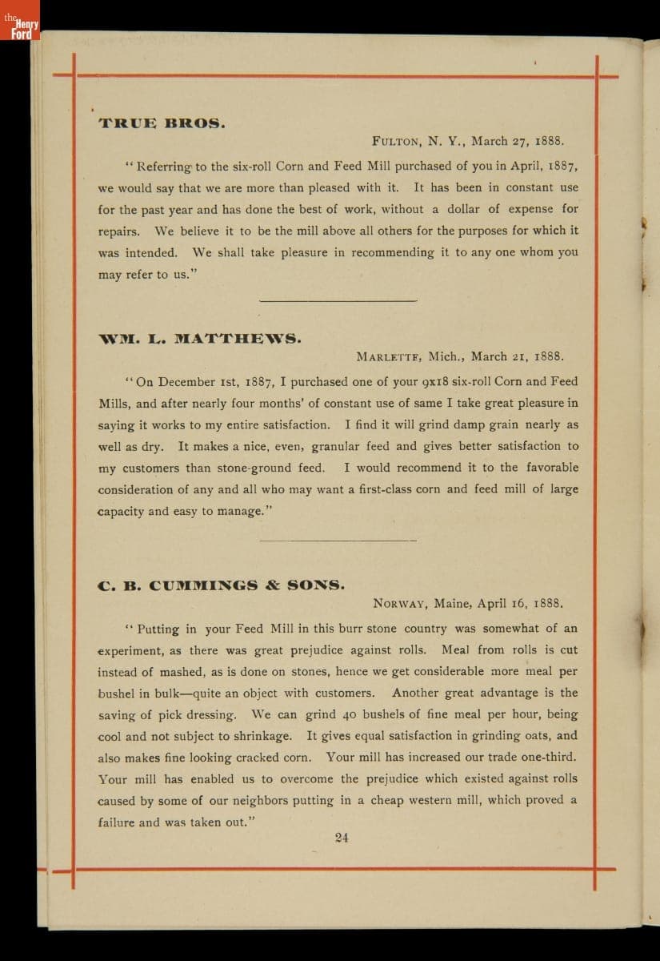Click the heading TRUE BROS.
pyautogui.click(x=162, y=123)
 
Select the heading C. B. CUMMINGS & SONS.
pyautogui.click(x=222, y=585)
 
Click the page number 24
pyautogui.click(x=342, y=838)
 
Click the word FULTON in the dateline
pyautogui.click(x=397, y=142)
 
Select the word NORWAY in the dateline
pyautogui.click(x=402, y=603)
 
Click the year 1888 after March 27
pyautogui.click(x=548, y=142)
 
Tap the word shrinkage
pyautogui.click(x=259, y=736)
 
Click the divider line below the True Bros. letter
pyautogui.click(x=338, y=301)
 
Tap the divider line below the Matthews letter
pyautogui.click(x=338, y=541)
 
